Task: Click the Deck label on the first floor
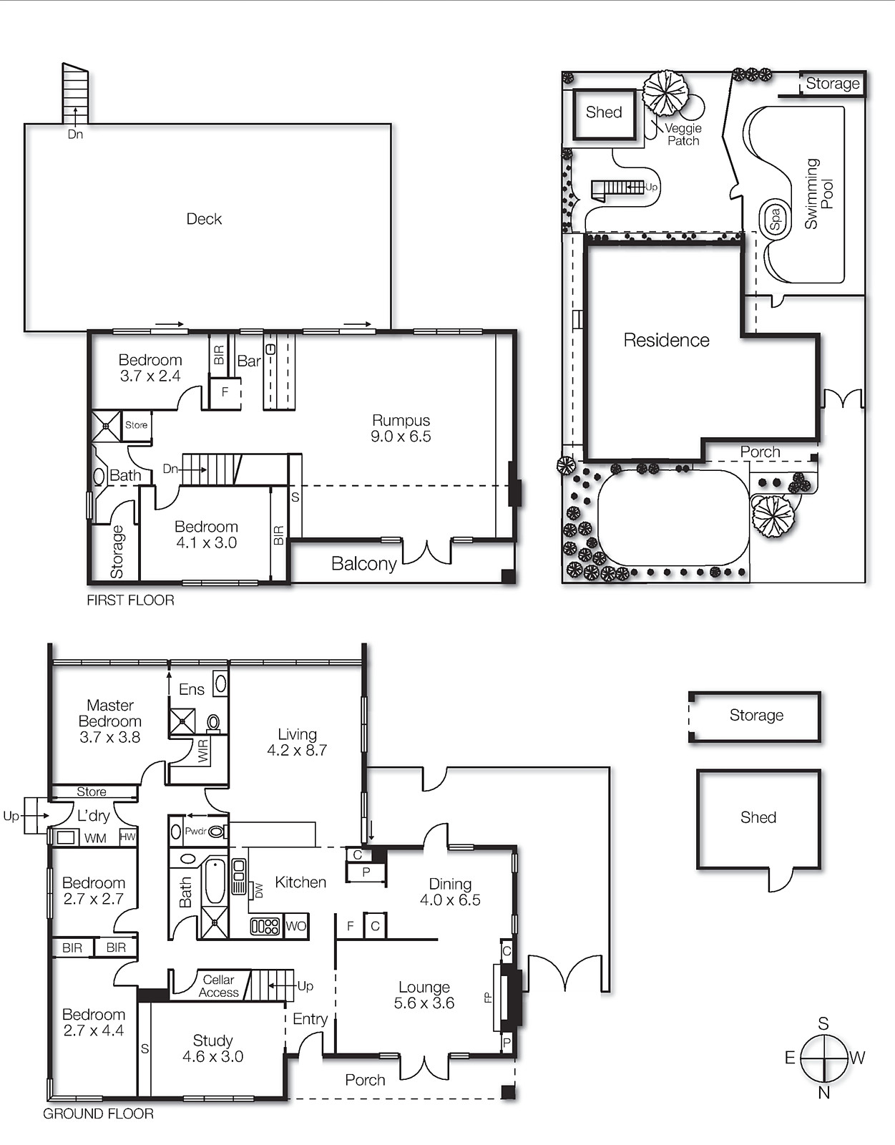point(204,219)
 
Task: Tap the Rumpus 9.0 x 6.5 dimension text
point(401,437)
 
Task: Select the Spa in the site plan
point(775,218)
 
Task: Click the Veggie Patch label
point(683,135)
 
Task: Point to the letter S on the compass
point(823,1023)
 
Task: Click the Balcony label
point(363,564)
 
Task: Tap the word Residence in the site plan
point(666,340)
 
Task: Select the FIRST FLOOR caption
point(130,600)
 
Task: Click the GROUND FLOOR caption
point(98,1114)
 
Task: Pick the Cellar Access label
point(218,986)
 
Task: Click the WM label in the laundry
point(95,838)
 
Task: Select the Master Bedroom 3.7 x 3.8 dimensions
point(109,737)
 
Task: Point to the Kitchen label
point(300,882)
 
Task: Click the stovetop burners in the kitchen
point(265,926)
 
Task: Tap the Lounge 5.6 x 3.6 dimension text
point(424,1003)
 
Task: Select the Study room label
point(212,1041)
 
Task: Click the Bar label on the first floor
point(249,361)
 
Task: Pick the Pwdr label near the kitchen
point(195,832)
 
